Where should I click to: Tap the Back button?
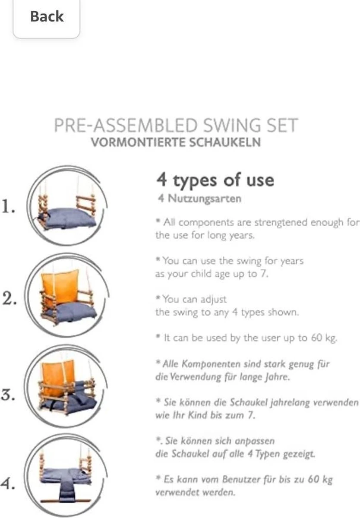point(47,17)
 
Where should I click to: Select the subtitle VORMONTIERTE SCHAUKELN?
point(176,143)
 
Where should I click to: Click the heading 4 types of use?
point(215,180)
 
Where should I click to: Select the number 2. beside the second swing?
point(9,299)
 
